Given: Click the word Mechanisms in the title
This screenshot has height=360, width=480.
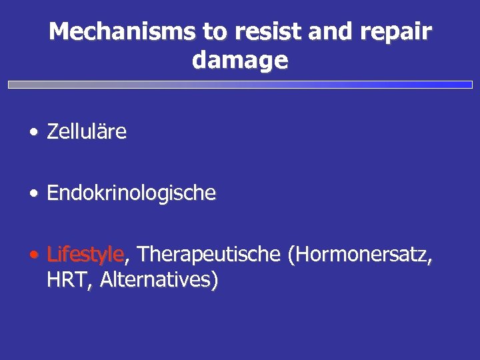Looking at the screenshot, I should click(x=108, y=31).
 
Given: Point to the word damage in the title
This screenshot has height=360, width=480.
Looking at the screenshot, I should click(x=240, y=61).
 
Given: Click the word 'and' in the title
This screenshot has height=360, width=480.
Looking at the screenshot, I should click(x=309, y=31).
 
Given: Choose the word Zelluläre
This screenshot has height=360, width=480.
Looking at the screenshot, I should click(x=87, y=132).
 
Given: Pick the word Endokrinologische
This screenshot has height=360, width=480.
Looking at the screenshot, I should click(x=131, y=193).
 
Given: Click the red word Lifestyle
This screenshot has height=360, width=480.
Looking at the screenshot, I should click(x=85, y=255).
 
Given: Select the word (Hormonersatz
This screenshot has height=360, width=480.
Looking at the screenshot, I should click(x=361, y=255).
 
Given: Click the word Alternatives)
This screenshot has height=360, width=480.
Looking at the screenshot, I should click(x=159, y=280).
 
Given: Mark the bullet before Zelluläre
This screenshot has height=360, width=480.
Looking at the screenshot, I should click(x=33, y=133).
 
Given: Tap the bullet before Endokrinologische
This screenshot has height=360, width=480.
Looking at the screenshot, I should click(x=33, y=194).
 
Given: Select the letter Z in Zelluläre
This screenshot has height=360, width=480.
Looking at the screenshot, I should click(x=52, y=132).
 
